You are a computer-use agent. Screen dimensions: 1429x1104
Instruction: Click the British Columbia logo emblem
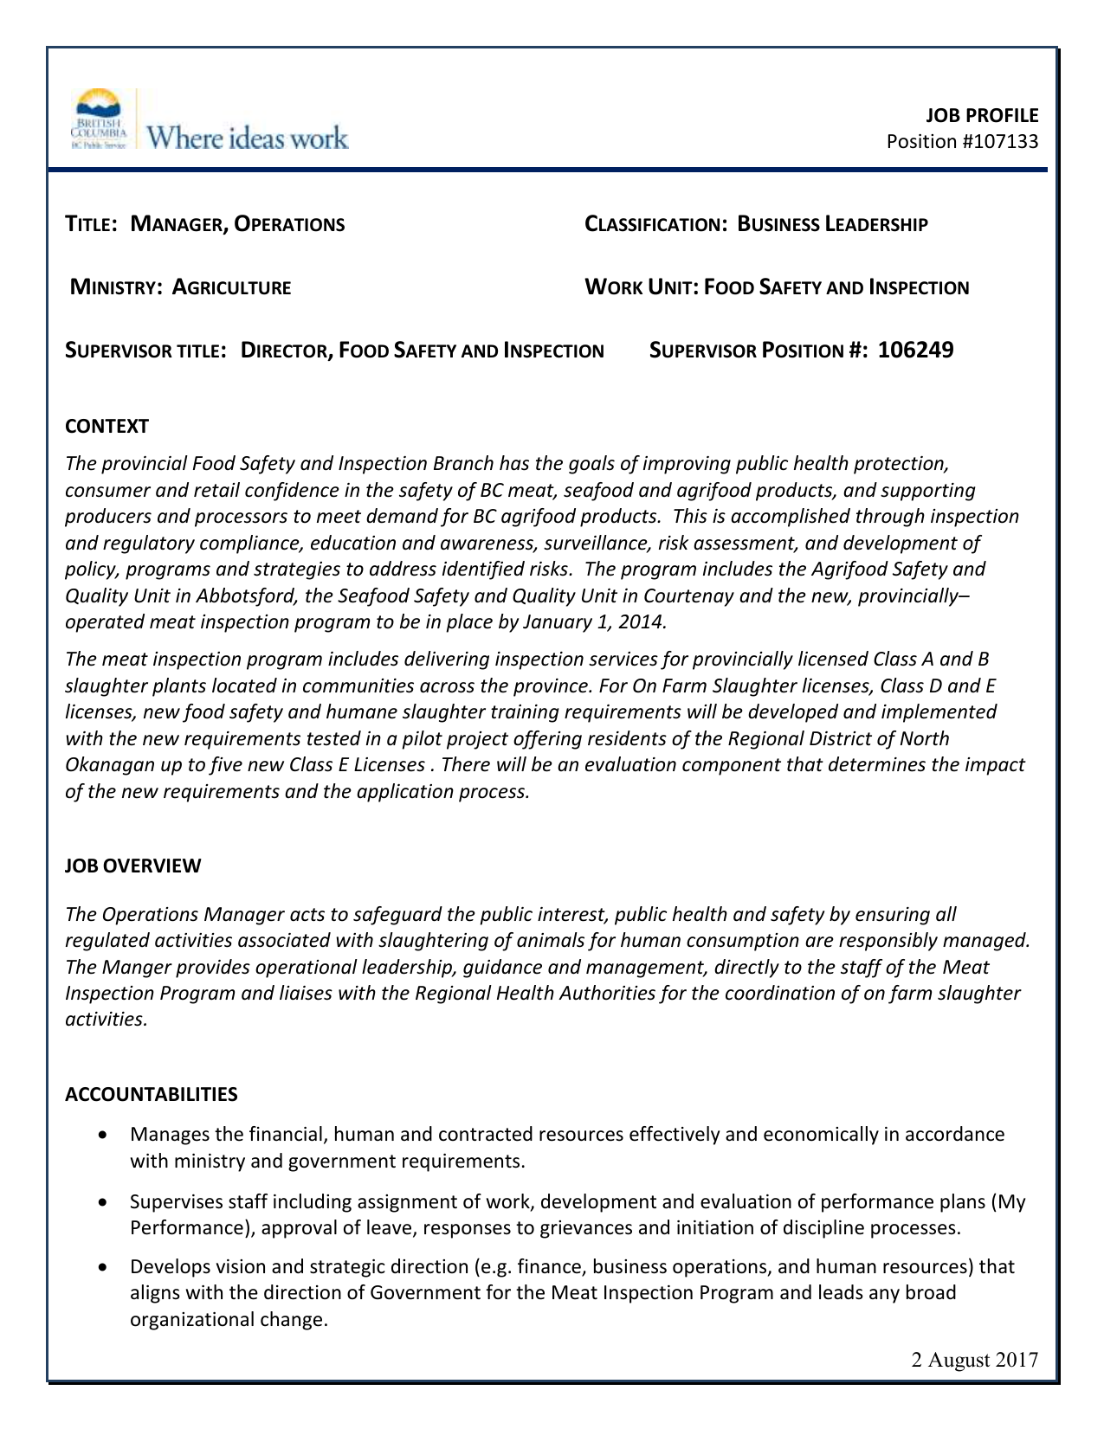tap(99, 119)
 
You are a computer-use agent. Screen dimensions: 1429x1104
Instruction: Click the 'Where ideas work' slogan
tap(248, 138)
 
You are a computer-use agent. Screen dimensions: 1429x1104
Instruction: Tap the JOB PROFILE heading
tap(982, 115)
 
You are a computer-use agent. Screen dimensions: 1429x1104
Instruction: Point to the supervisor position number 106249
tap(915, 350)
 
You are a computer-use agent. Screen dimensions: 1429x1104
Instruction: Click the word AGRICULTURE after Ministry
tap(231, 287)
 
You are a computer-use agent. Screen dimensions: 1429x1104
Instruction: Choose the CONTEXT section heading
tap(107, 426)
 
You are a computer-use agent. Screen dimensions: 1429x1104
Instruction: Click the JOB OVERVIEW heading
tap(132, 866)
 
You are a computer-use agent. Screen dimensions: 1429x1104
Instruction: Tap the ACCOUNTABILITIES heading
tap(151, 1094)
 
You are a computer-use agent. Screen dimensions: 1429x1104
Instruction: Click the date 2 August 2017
tap(974, 1360)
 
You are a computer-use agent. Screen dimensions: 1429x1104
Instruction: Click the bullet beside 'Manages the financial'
tap(104, 1134)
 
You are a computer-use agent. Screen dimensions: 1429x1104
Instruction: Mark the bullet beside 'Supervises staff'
tap(104, 1201)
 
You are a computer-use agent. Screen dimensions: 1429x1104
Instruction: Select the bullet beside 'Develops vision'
tap(104, 1267)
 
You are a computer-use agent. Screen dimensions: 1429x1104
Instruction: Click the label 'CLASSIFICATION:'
tap(655, 225)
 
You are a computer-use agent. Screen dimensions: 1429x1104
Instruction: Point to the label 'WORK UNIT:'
tap(642, 287)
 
